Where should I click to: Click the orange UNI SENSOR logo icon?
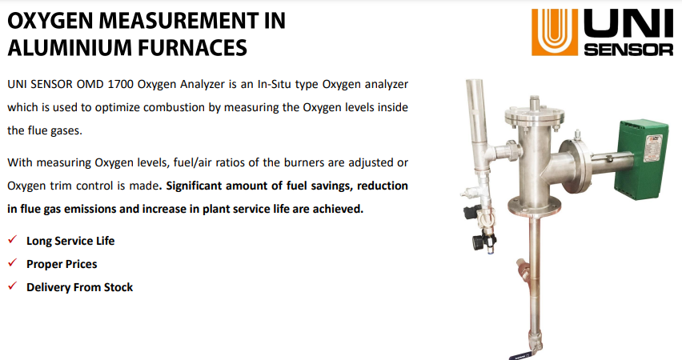pos(555,32)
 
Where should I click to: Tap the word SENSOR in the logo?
pos(628,49)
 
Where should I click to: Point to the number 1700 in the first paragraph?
pos(121,84)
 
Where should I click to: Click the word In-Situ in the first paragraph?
pos(274,84)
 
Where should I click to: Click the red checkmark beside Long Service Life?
pos(12,239)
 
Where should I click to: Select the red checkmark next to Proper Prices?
pos(12,262)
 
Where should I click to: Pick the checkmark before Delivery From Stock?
pos(12,286)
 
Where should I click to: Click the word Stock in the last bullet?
pos(118,287)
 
